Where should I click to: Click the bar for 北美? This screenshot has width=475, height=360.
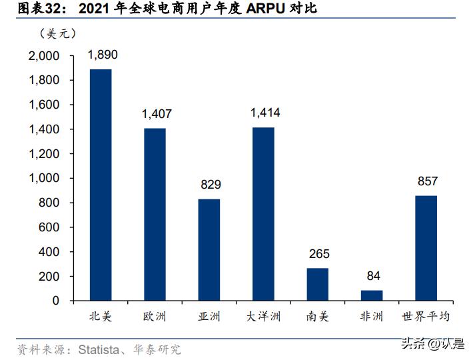point(101,185)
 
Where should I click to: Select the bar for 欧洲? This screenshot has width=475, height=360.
point(155,214)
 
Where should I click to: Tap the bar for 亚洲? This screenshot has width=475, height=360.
point(209,249)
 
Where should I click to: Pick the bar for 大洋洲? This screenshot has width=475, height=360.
point(263,213)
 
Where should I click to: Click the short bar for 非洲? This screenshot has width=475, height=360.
point(372,295)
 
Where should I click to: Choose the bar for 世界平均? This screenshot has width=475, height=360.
point(426,248)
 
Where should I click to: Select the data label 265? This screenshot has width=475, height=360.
point(319,254)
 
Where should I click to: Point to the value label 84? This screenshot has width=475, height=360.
point(373,276)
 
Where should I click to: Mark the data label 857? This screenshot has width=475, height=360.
point(427,181)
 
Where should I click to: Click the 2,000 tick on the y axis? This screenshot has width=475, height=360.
point(44,56)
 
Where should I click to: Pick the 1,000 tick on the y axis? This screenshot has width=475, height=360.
point(44,179)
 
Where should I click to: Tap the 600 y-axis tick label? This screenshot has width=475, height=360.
point(50,227)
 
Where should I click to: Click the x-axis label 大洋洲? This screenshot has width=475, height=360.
point(263,317)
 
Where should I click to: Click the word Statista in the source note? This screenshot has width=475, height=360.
point(101,349)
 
